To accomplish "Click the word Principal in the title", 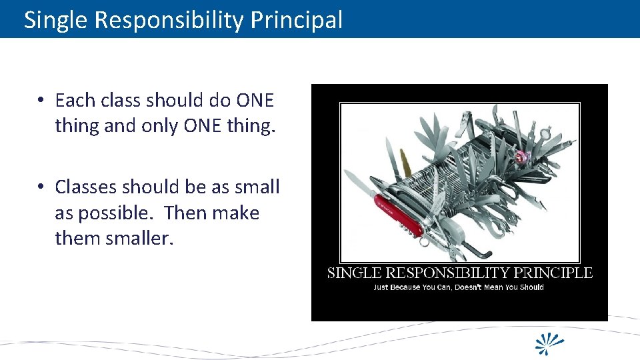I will click(297, 21).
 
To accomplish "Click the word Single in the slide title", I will click(56, 21).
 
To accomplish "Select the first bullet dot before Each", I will click(41, 101).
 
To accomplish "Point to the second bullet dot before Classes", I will click(41, 187).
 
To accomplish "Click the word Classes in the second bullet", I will click(86, 187).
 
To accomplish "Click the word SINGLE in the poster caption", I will click(355, 273).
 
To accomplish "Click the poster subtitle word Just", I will click(381, 287).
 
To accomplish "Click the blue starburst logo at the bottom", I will click(551, 343).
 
